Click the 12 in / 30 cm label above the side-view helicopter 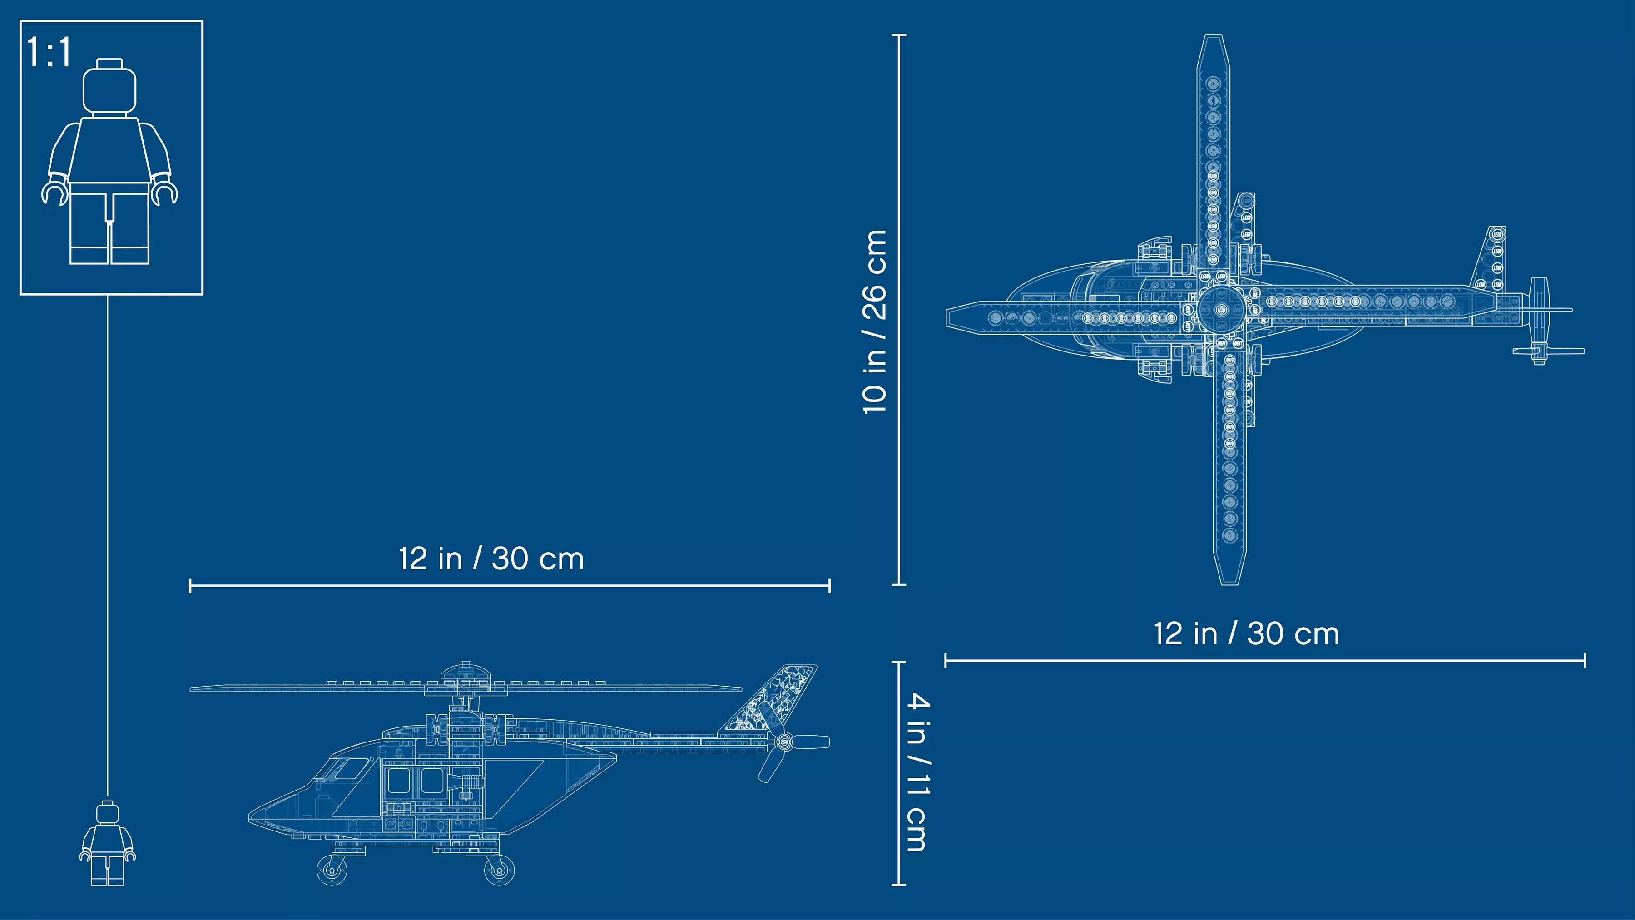pyautogui.click(x=491, y=559)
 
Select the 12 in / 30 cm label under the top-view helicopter pyautogui.click(x=1247, y=633)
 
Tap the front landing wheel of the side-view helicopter pyautogui.click(x=332, y=869)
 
